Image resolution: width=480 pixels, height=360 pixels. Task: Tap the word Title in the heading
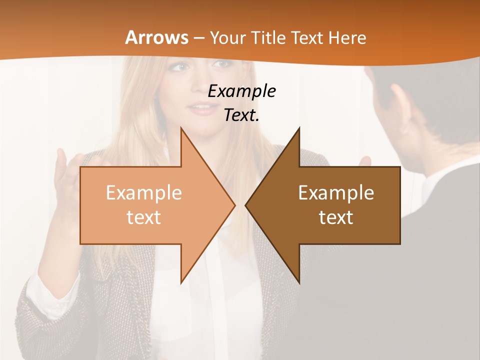click(x=269, y=37)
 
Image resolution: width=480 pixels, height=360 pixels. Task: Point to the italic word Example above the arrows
click(x=241, y=91)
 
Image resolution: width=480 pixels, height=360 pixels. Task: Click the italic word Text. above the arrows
click(x=241, y=115)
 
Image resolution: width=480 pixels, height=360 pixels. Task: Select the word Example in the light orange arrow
click(x=143, y=193)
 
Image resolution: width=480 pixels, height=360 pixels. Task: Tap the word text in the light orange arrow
click(x=143, y=217)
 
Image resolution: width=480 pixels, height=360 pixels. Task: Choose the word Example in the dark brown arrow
click(x=336, y=193)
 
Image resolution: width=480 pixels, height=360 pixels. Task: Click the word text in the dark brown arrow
click(x=336, y=217)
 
